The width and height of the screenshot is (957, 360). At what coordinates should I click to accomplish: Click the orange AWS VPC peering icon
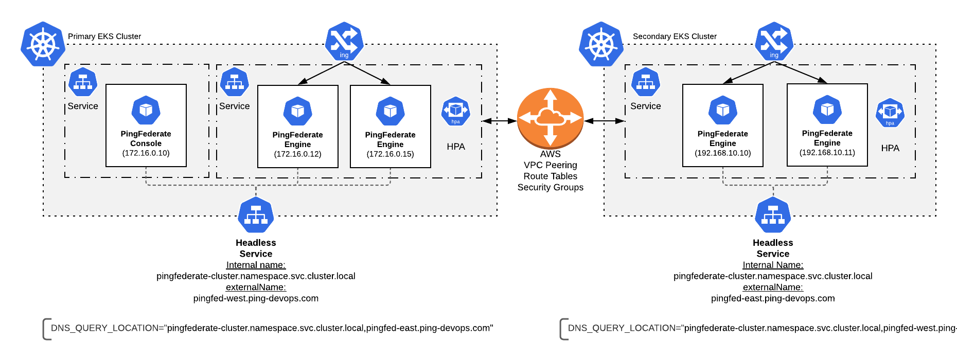point(550,118)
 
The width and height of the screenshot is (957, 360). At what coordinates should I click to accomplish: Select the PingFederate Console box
point(146,125)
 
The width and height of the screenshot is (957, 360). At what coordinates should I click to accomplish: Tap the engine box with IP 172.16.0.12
point(297,127)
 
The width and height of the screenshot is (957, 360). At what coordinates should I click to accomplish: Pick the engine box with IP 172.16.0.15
point(390,127)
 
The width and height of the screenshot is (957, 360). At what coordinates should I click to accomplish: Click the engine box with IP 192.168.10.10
point(722,125)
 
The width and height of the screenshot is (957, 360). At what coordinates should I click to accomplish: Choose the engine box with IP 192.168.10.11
point(827,125)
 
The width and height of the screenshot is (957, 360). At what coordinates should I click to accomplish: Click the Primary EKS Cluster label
point(104,37)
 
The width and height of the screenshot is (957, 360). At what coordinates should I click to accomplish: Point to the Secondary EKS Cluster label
point(675,37)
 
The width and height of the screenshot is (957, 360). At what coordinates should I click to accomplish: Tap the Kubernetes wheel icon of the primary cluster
point(43,44)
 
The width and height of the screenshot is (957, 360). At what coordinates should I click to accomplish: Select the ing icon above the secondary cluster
point(774,42)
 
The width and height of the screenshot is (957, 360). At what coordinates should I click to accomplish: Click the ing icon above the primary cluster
point(344,42)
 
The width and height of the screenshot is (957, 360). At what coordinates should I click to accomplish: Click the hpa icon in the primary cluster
point(455,111)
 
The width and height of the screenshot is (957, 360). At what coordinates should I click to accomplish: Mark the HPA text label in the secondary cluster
point(890,148)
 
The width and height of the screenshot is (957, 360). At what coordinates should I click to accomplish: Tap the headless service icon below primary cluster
point(256,215)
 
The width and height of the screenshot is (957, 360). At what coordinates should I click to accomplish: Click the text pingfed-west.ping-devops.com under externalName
point(256,298)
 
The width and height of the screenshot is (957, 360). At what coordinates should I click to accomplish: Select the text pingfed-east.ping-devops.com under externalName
point(773,298)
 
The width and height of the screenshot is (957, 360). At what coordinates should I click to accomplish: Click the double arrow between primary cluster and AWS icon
point(499,121)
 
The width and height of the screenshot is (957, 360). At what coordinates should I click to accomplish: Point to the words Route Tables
point(550,176)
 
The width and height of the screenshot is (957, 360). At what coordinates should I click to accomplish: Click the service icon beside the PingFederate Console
point(83,82)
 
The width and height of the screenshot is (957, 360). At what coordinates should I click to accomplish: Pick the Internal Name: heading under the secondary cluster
point(773,265)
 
